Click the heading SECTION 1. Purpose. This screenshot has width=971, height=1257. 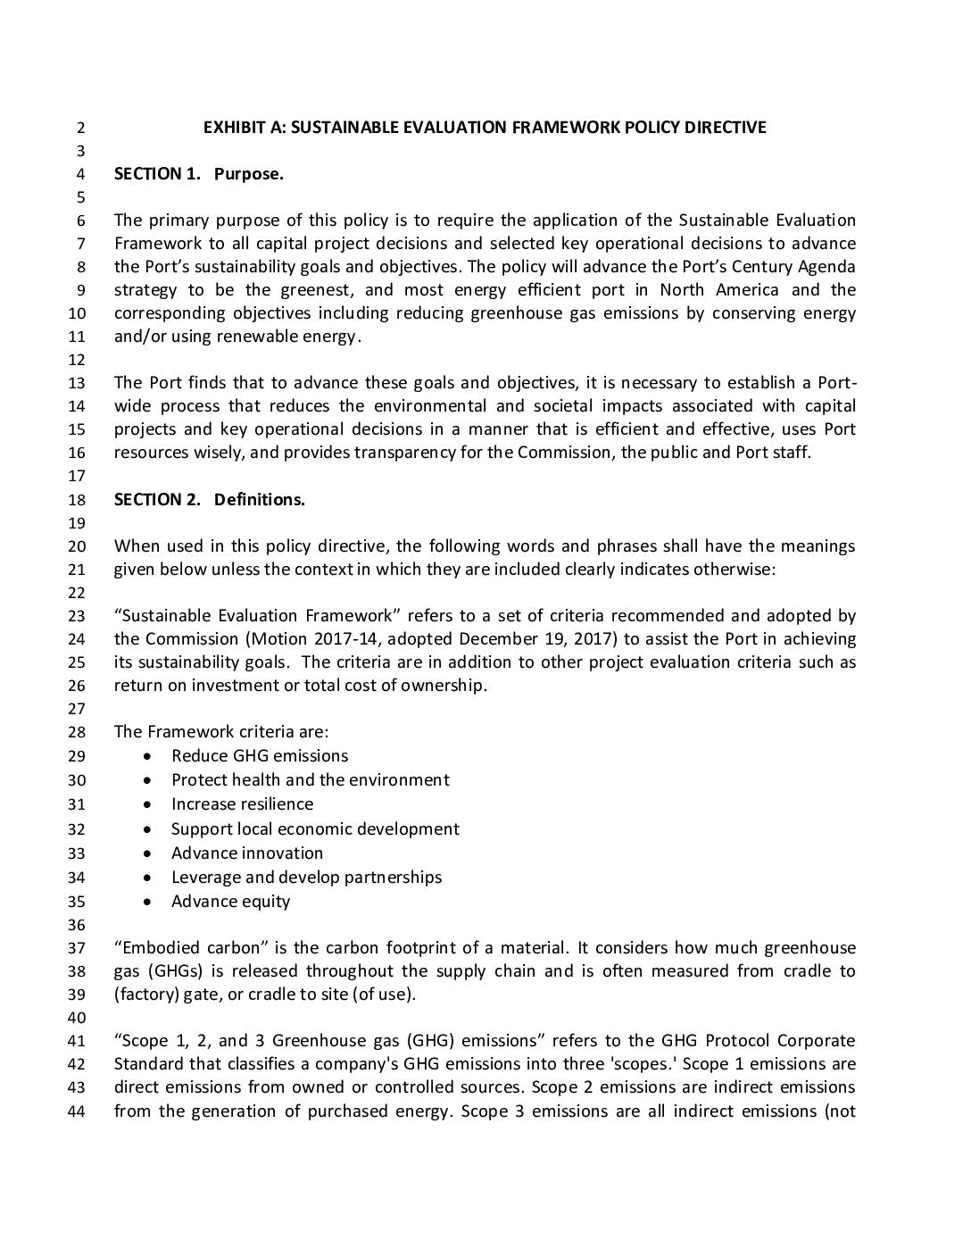[198, 174]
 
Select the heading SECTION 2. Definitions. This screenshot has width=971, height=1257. [209, 500]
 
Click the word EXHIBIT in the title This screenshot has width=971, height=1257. [234, 128]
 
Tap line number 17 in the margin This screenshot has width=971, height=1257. [77, 477]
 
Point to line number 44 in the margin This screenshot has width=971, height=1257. [77, 1112]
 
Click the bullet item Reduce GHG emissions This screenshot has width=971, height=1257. [260, 756]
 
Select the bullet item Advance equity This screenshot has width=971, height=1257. [230, 902]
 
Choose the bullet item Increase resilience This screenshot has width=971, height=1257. [242, 804]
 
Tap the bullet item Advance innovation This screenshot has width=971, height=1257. [247, 853]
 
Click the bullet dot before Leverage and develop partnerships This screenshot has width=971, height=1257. [148, 878]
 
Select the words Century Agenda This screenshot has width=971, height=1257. [798, 267]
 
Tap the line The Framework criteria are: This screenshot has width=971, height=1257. [220, 732]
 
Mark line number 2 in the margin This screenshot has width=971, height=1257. [80, 128]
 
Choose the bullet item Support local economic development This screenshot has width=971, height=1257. [315, 829]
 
